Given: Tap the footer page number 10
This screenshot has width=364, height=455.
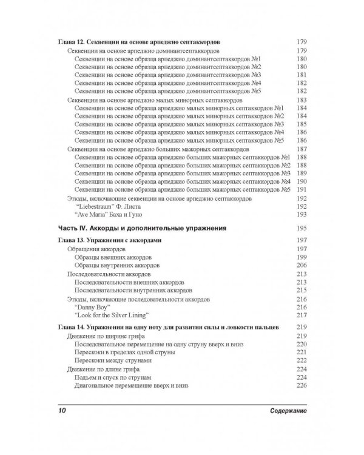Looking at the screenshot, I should point(61,412).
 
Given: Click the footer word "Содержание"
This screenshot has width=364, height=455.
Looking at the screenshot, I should point(285,412).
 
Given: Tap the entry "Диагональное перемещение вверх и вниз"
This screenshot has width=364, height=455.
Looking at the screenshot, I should point(131,385).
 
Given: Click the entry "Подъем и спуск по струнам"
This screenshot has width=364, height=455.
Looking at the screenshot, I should point(111,377).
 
